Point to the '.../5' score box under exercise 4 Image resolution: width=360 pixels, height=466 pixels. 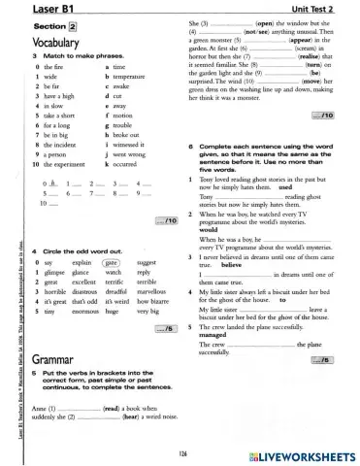coord(167,329)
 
